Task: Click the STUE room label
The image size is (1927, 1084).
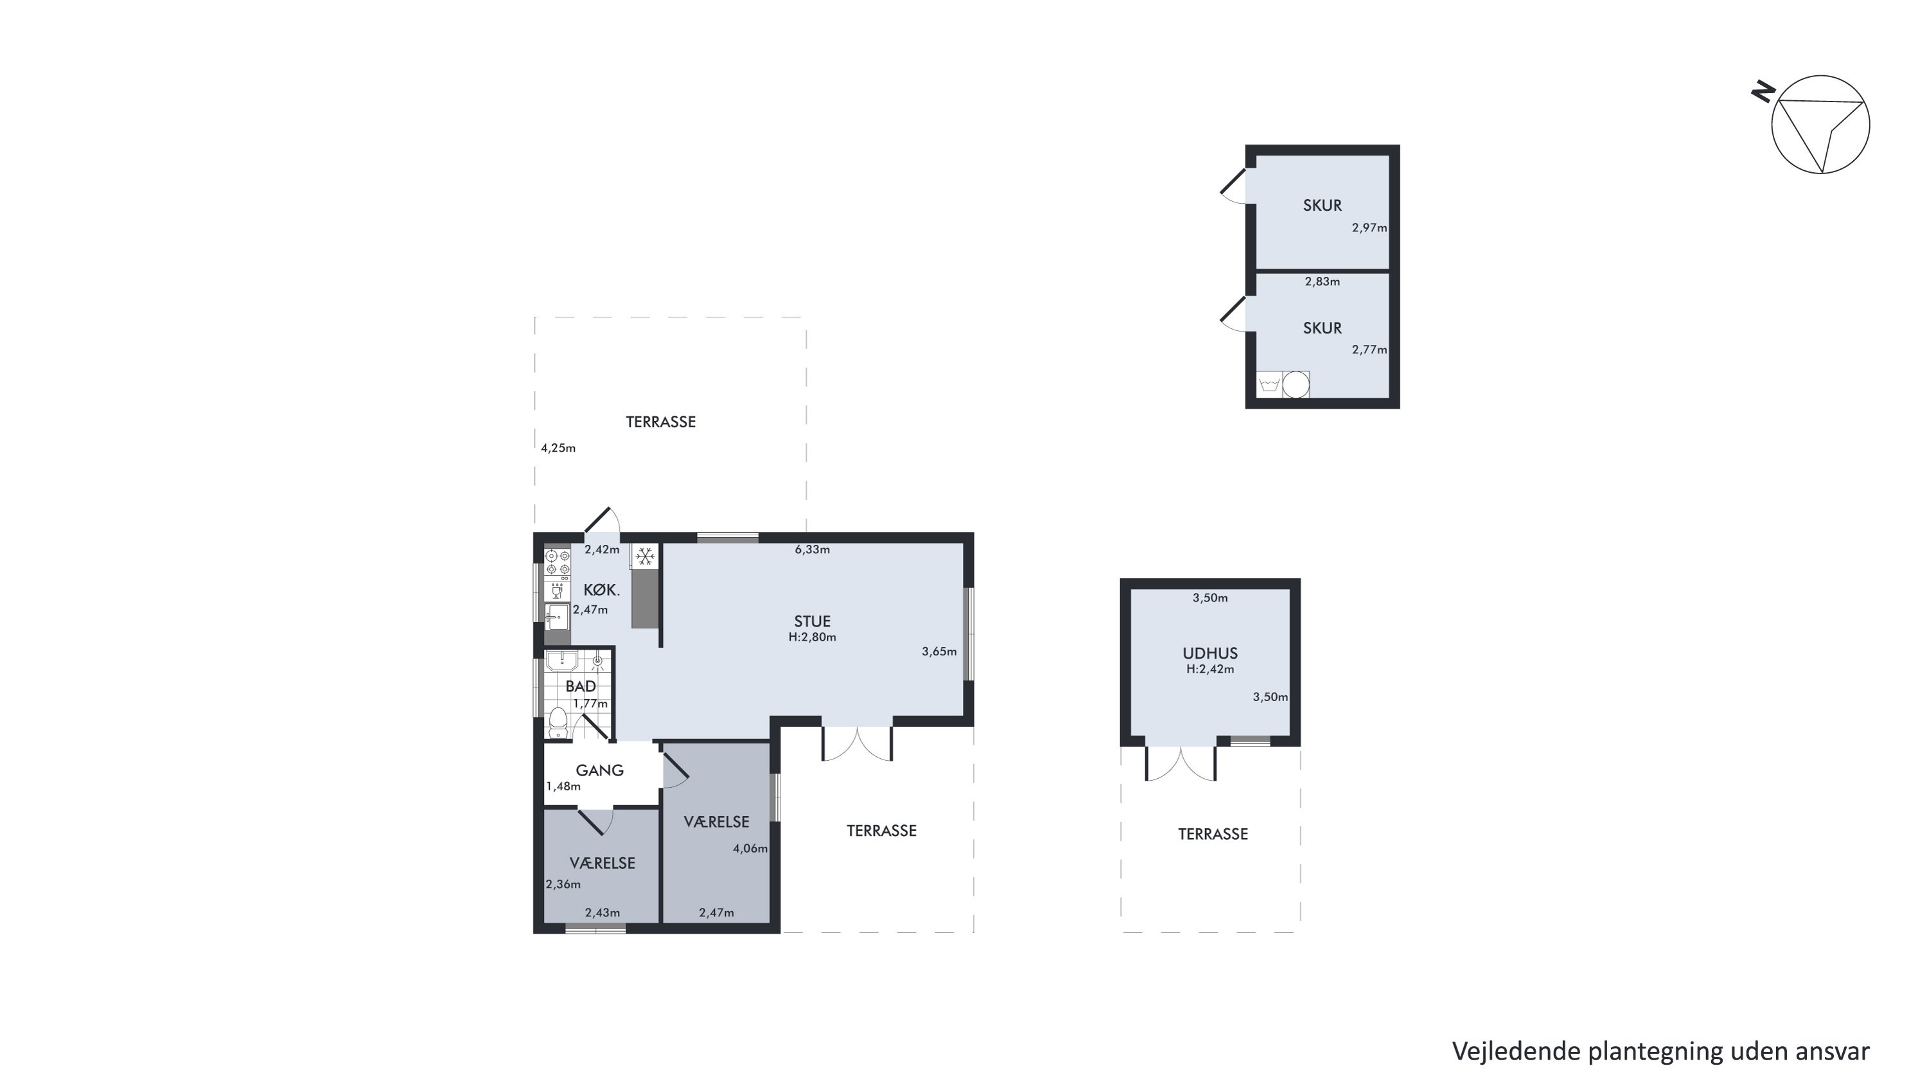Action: click(x=812, y=621)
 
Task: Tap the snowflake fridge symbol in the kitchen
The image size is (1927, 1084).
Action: click(x=646, y=556)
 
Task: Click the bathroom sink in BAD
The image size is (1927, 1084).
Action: click(x=560, y=661)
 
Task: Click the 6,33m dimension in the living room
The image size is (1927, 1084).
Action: click(x=813, y=550)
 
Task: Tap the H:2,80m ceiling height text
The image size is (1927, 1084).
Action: click(x=813, y=637)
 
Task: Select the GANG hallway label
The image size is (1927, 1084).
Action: click(x=600, y=770)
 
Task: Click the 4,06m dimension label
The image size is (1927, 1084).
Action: click(x=750, y=848)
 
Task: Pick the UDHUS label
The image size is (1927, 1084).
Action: click(x=1210, y=653)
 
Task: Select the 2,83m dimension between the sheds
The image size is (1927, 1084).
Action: click(x=1323, y=282)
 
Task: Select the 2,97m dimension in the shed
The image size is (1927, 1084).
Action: click(x=1369, y=228)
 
